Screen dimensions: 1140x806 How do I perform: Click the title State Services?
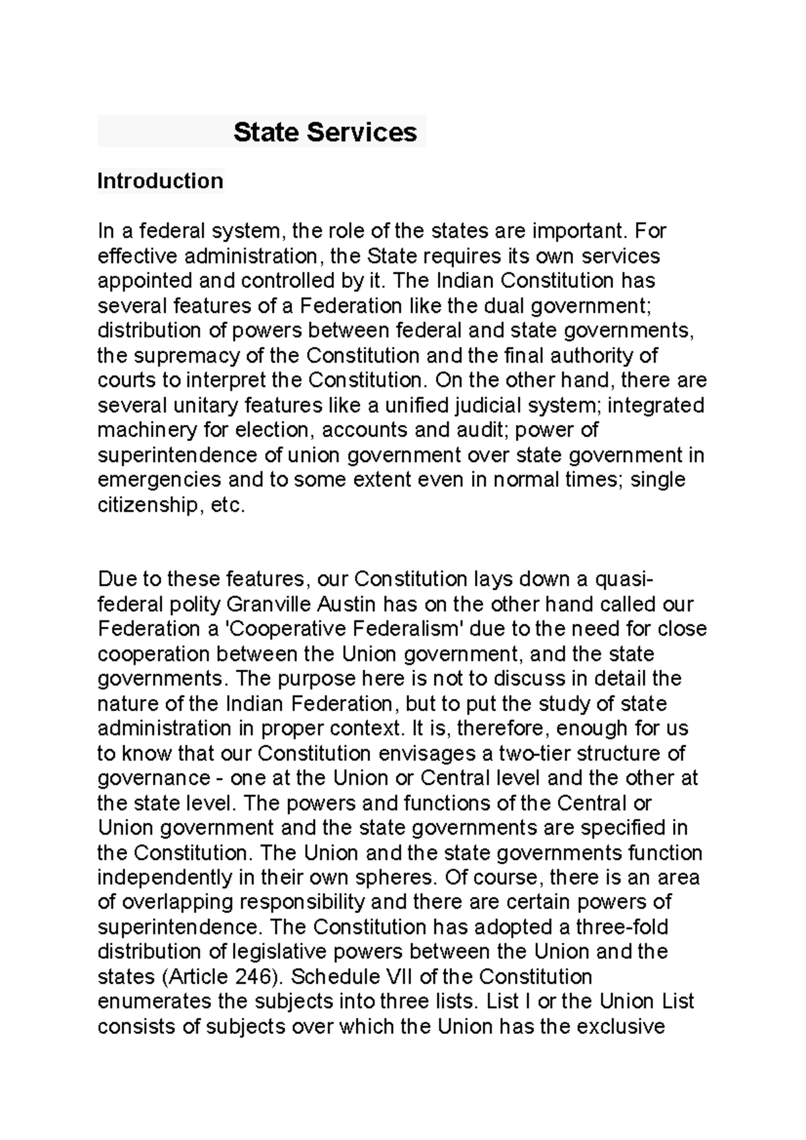[325, 132]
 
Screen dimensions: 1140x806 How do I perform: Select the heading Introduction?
[160, 181]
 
